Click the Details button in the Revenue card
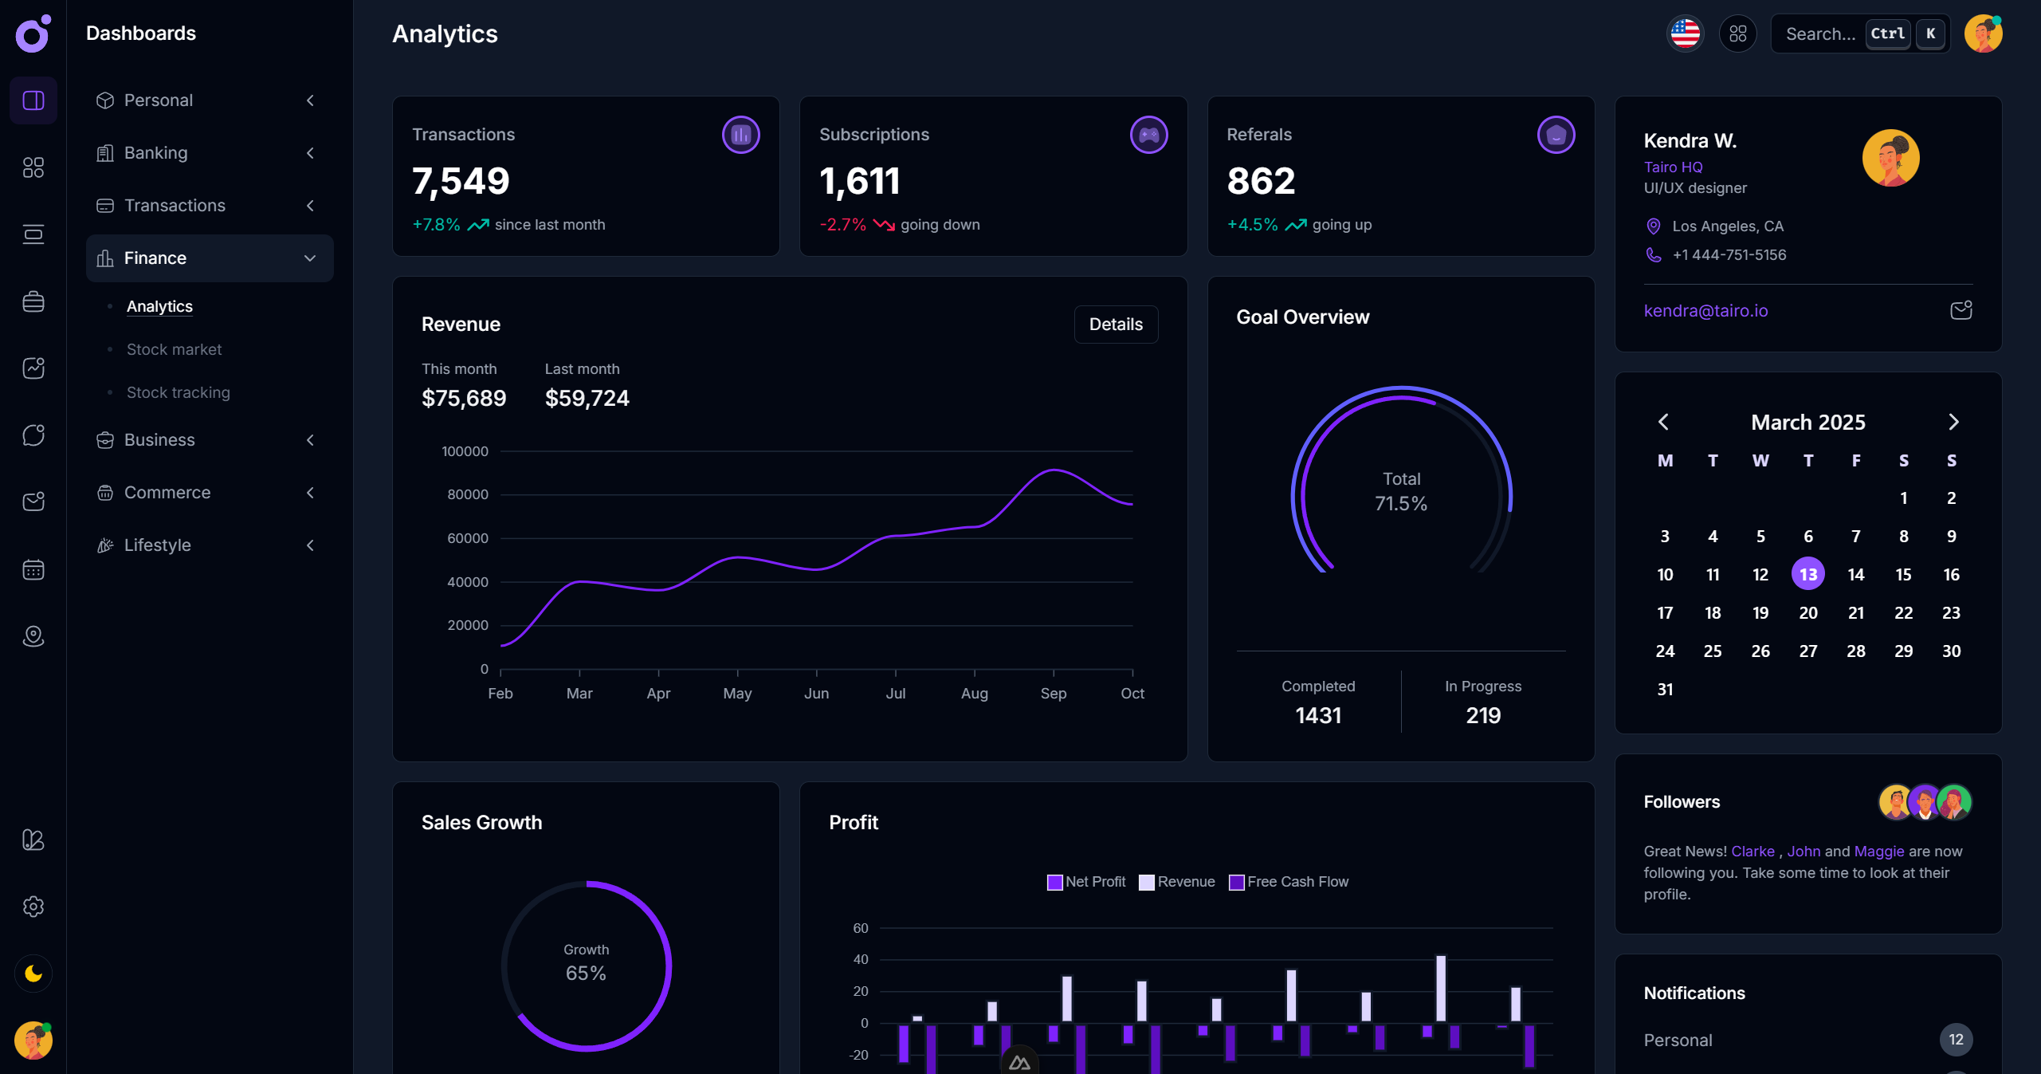[1115, 325]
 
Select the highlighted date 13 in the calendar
[1807, 574]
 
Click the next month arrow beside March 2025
[1953, 422]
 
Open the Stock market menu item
[174, 349]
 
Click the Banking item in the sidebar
[156, 153]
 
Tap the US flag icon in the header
[1685, 34]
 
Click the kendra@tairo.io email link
[1705, 311]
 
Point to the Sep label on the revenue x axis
[1053, 694]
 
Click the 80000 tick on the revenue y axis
[468, 494]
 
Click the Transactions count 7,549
[461, 181]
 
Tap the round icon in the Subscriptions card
[1148, 135]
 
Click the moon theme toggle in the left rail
[33, 974]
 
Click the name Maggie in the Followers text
[1878, 852]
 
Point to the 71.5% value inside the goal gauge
[1400, 504]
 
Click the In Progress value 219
[1483, 715]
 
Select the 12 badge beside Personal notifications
[1955, 1040]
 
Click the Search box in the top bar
[1820, 34]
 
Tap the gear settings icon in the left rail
[33, 907]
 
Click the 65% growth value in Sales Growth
[586, 974]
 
